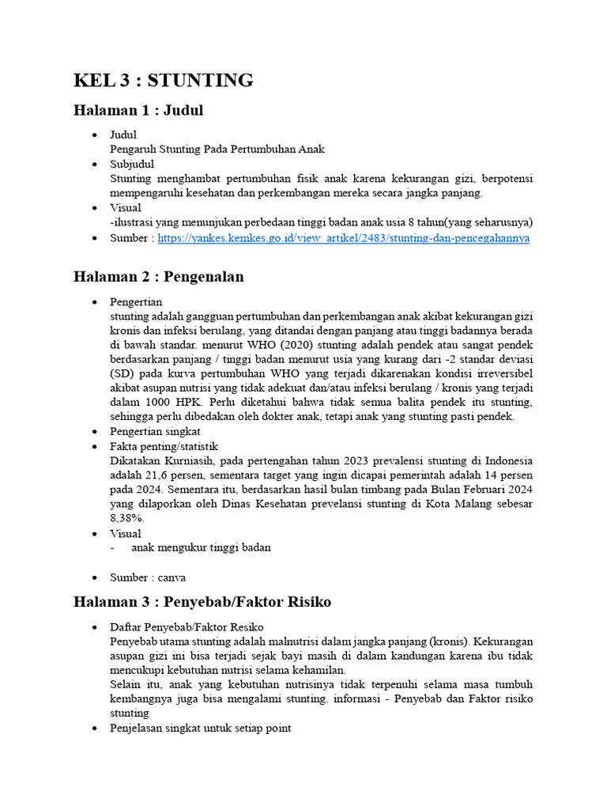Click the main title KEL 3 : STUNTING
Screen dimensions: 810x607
click(x=163, y=80)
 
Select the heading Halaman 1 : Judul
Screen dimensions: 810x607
click(x=138, y=111)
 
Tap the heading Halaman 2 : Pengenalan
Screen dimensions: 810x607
click(x=158, y=277)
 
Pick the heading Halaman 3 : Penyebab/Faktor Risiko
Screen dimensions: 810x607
click(x=202, y=603)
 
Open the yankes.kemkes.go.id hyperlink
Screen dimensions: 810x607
click(x=343, y=237)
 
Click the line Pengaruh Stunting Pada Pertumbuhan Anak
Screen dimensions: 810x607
click(x=217, y=150)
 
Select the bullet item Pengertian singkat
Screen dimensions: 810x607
click(x=156, y=432)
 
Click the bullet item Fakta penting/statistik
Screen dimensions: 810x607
click(x=164, y=446)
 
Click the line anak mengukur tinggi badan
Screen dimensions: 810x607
click(x=201, y=548)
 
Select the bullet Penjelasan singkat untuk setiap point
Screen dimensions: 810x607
click(x=201, y=728)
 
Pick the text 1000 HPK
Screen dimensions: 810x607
click(x=176, y=403)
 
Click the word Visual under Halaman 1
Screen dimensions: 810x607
click(x=126, y=208)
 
